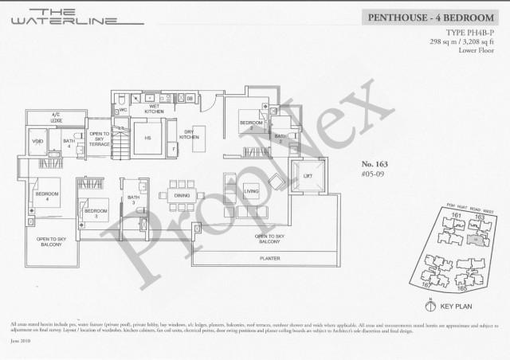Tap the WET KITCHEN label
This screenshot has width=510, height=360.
155,108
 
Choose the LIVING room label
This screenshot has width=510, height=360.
252,192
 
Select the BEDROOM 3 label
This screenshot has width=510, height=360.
96,213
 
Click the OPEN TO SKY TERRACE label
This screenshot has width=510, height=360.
99,137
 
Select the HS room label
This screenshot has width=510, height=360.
148,138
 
